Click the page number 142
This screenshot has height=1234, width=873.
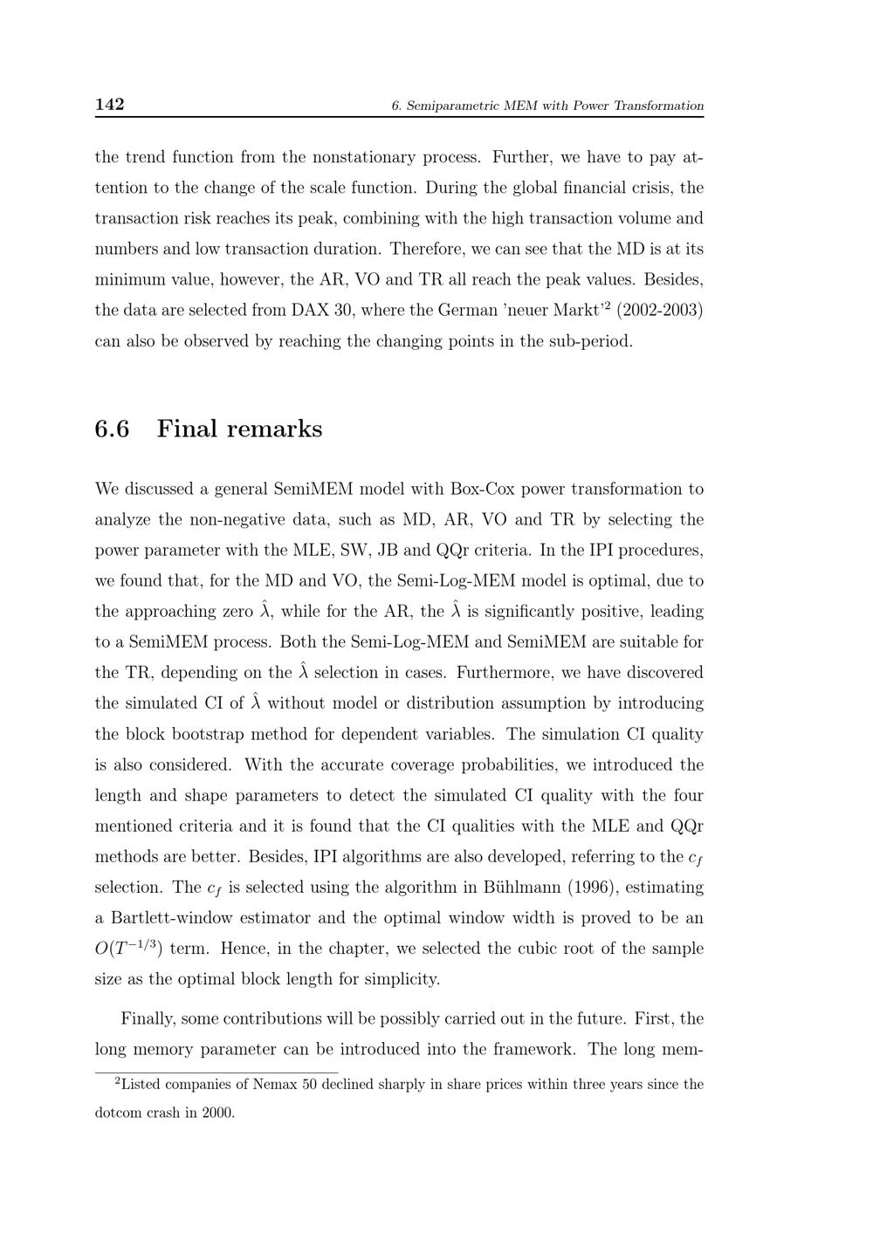tap(109, 105)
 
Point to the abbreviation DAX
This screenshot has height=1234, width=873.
tap(310, 310)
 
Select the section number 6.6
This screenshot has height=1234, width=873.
tap(112, 428)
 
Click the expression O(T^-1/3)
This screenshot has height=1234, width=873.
tap(128, 949)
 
